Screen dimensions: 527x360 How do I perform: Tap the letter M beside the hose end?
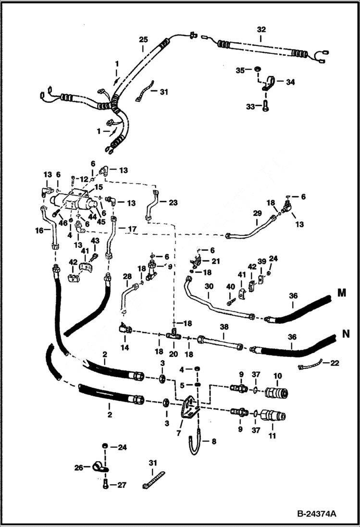click(x=342, y=293)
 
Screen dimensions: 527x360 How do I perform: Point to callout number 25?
click(x=143, y=39)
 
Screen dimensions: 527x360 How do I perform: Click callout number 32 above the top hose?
click(x=261, y=30)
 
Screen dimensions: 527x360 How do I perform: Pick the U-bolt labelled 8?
click(x=195, y=442)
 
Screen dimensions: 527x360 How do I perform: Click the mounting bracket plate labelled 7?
click(x=189, y=408)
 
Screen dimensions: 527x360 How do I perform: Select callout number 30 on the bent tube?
click(x=209, y=286)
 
